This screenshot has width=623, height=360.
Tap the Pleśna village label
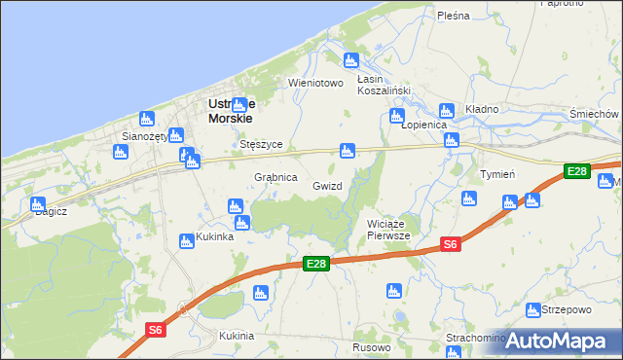pyautogui.click(x=454, y=16)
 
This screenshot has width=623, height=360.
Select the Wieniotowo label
pyautogui.click(x=316, y=83)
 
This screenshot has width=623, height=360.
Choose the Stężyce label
pyautogui.click(x=261, y=144)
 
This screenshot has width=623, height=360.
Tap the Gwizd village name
pyautogui.click(x=327, y=185)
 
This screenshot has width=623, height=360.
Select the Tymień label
pyautogui.click(x=497, y=174)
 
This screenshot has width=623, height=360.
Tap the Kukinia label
pyautogui.click(x=237, y=336)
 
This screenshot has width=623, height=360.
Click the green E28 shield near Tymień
pyautogui.click(x=577, y=171)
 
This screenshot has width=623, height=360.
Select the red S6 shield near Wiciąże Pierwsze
pyautogui.click(x=450, y=244)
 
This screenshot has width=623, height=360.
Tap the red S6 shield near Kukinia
pyautogui.click(x=156, y=331)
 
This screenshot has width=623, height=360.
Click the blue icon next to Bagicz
pyautogui.click(x=37, y=205)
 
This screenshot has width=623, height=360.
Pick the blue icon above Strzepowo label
pyautogui.click(x=533, y=310)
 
